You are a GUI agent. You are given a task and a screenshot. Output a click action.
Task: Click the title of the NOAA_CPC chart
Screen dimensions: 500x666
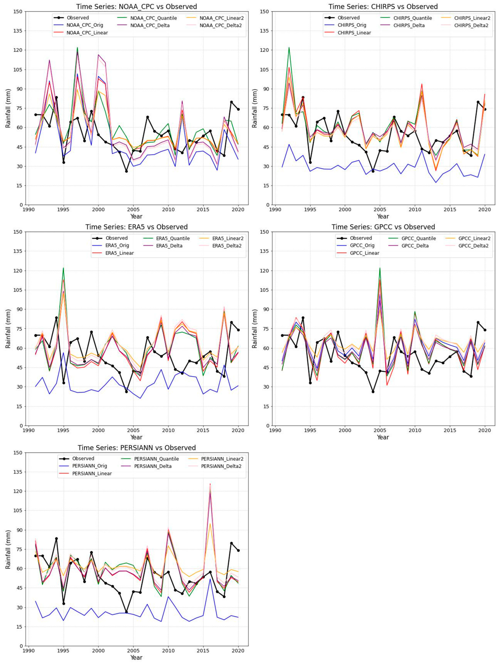136,6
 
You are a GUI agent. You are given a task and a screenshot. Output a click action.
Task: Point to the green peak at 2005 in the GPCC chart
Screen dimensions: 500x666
380,268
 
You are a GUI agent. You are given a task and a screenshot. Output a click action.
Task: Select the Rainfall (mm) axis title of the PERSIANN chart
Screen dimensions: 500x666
8,549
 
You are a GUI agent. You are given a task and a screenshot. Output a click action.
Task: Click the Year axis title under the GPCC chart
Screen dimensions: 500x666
383,437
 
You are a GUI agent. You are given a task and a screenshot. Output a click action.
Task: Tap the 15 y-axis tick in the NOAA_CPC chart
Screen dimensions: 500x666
20,185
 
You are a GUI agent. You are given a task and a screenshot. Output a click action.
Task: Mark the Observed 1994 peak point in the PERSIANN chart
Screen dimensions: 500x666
56,539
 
